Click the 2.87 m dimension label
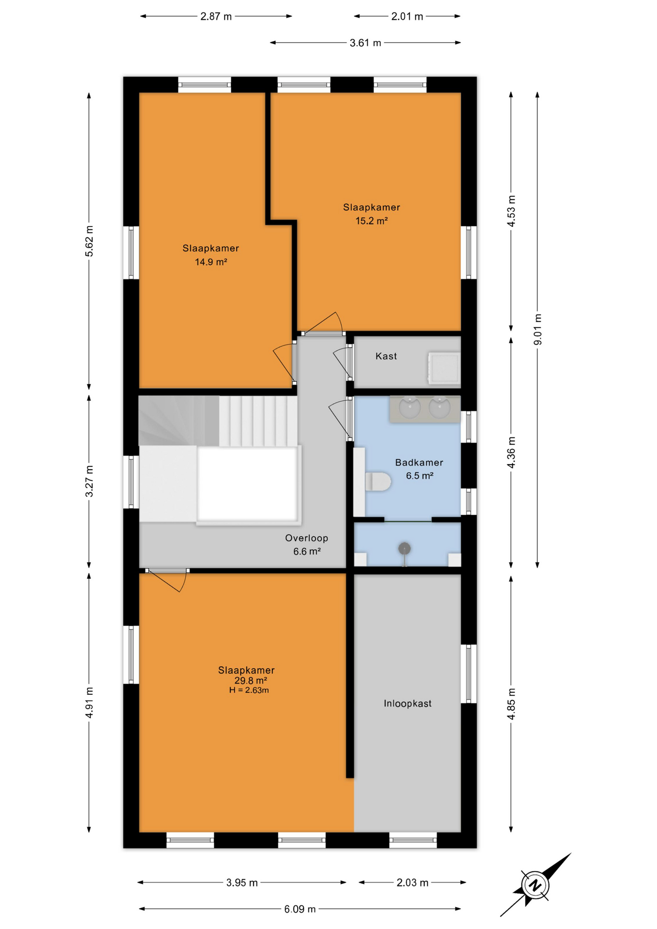pyautogui.click(x=216, y=16)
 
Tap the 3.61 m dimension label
pyautogui.click(x=365, y=43)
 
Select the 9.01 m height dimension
pyautogui.click(x=538, y=330)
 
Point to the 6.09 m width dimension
pyautogui.click(x=300, y=909)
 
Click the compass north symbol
pyautogui.click(x=535, y=885)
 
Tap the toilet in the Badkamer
pyautogui.click(x=377, y=481)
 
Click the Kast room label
pyautogui.click(x=386, y=356)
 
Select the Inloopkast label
pyautogui.click(x=407, y=704)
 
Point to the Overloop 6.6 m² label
pyautogui.click(x=307, y=544)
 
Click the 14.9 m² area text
pyautogui.click(x=211, y=262)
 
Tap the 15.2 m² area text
pyautogui.click(x=372, y=221)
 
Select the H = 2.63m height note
pyautogui.click(x=249, y=690)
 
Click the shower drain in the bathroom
pyautogui.click(x=404, y=549)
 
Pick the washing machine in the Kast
pyautogui.click(x=444, y=369)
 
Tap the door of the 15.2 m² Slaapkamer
pyautogui.click(x=322, y=323)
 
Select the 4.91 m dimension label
pyautogui.click(x=89, y=703)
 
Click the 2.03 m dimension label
pyautogui.click(x=412, y=883)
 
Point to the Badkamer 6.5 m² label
pyautogui.click(x=419, y=469)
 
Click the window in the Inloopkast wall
pyautogui.click(x=468, y=674)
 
